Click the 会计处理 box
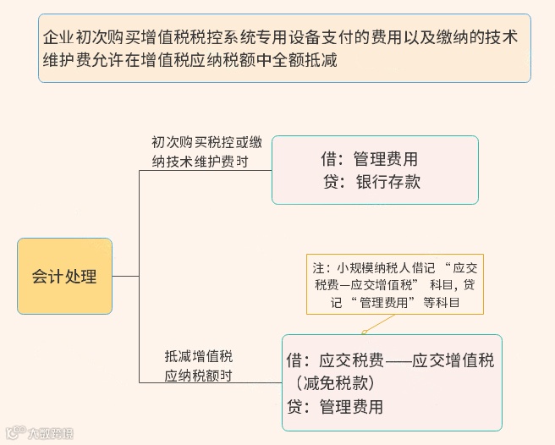pyautogui.click(x=64, y=277)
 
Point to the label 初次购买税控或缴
pyautogui.click(x=207, y=141)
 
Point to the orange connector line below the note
pyautogui.click(x=381, y=323)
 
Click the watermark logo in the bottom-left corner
pyautogui.click(x=13, y=433)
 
